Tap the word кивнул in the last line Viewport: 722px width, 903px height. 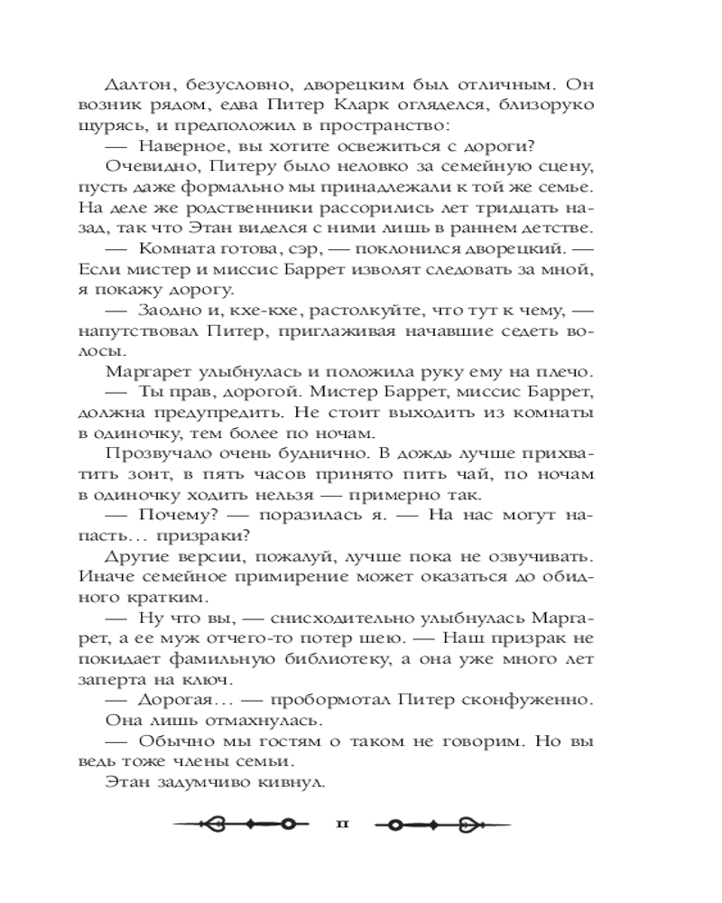click(292, 782)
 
